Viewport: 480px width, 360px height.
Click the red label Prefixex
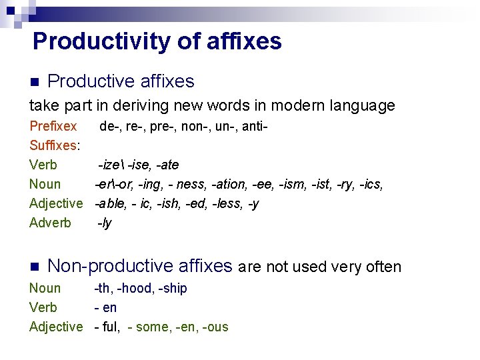pos(53,126)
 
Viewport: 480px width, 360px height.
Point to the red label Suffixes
pos(54,145)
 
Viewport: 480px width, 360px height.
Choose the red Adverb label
pos(50,223)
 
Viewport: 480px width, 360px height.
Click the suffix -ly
pos(105,223)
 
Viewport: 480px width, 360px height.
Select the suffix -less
pos(225,203)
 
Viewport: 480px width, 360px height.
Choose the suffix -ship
pos(173,288)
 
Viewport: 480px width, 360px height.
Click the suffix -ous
pos(215,327)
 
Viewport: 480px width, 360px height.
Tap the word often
pos(383,267)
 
